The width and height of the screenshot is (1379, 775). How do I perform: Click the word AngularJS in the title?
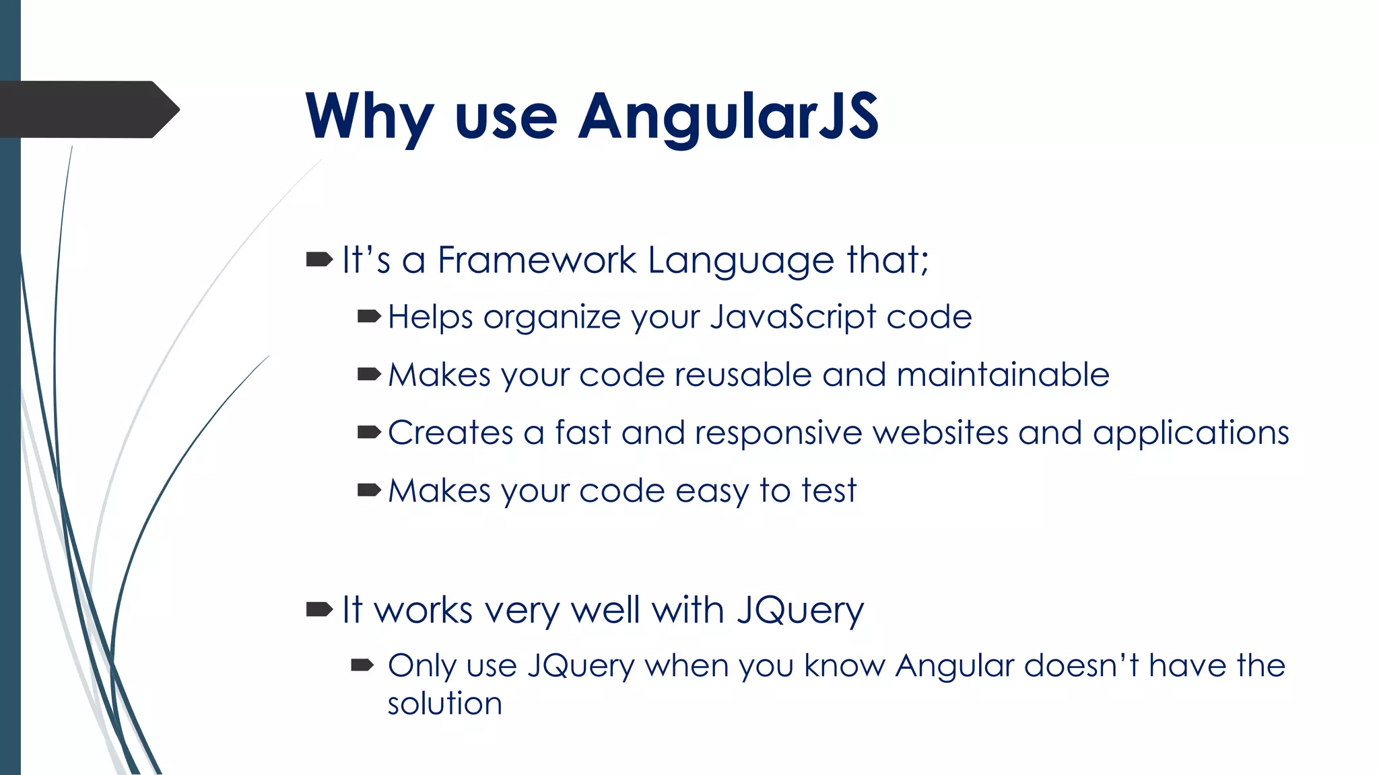(729, 117)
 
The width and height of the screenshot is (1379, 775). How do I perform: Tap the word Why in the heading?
(369, 117)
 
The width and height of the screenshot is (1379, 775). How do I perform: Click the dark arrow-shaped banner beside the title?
(88, 110)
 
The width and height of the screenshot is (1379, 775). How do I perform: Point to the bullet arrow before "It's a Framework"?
(319, 259)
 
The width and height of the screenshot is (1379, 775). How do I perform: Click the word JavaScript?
(793, 317)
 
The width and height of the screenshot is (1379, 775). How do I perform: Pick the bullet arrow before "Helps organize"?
(369, 316)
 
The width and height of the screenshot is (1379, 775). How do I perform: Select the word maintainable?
(1003, 375)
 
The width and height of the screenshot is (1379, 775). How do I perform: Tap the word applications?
(1190, 433)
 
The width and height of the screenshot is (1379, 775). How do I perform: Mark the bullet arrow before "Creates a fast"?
(369, 432)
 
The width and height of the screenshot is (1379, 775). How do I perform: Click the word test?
(828, 490)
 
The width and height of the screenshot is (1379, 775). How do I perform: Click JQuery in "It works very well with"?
(800, 611)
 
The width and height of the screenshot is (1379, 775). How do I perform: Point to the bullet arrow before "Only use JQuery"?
(362, 665)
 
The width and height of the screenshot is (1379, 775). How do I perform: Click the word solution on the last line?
(444, 704)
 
